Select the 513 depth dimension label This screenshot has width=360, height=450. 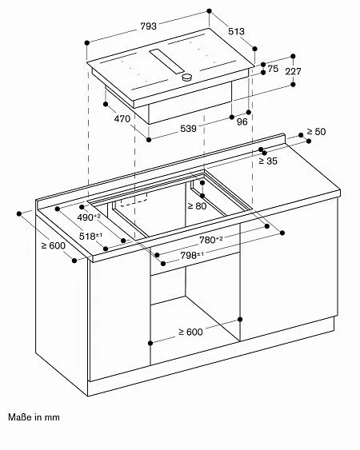234,33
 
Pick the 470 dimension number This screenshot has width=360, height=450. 122,119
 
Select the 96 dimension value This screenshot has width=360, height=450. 241,122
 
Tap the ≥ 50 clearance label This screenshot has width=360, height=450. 318,131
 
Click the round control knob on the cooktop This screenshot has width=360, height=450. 188,78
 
